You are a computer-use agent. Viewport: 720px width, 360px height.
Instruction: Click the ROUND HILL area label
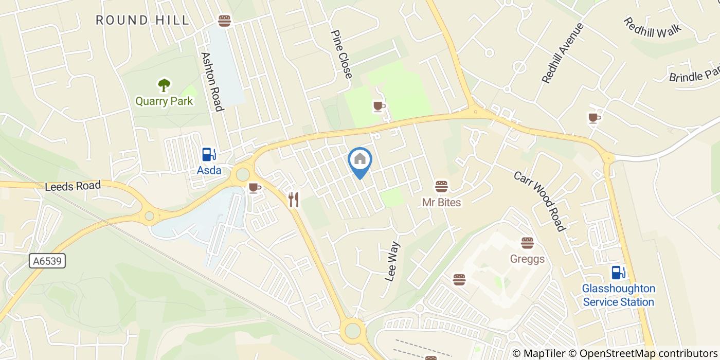(142, 21)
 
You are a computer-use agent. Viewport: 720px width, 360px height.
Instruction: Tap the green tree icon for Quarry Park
(164, 85)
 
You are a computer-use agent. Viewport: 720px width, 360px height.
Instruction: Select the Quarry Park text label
(164, 101)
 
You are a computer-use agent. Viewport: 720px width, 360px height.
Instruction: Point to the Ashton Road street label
(212, 81)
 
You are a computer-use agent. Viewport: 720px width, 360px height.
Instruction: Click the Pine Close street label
(341, 54)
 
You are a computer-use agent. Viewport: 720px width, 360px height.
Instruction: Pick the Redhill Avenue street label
(563, 53)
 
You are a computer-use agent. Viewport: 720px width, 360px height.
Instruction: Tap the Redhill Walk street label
(652, 27)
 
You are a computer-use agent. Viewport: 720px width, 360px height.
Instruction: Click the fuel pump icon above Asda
(209, 154)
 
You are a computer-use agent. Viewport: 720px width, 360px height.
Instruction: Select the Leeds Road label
(73, 186)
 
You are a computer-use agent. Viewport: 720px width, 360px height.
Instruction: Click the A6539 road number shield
(47, 261)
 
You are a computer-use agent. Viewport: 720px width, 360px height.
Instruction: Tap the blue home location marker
(360, 159)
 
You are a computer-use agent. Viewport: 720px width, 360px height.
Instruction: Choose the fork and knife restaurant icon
(294, 200)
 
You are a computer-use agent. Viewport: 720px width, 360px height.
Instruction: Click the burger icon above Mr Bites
(441, 186)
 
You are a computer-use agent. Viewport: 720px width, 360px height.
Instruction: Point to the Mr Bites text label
(441, 202)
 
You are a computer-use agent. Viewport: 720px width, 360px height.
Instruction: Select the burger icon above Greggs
(527, 243)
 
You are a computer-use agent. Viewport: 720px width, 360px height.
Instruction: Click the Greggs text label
(527, 259)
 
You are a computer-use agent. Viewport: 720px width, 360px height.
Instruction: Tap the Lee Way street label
(392, 261)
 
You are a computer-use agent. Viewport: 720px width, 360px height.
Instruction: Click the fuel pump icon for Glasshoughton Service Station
(618, 273)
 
